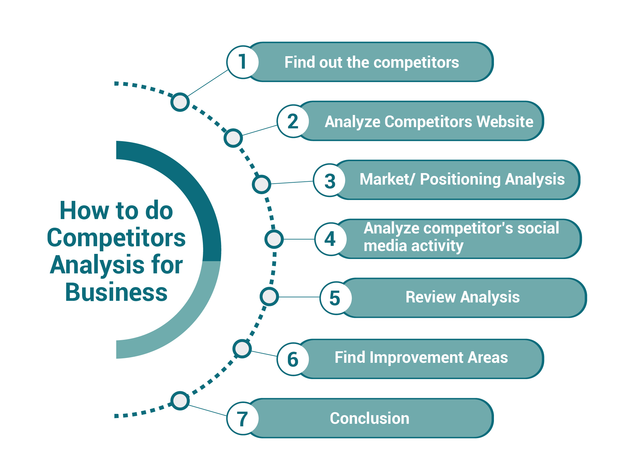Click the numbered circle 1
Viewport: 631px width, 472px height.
coord(242,62)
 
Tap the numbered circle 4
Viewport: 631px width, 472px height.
coord(330,239)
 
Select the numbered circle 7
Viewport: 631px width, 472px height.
coord(242,418)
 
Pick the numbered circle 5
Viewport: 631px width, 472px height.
coord(335,298)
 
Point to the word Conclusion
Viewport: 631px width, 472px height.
coord(369,418)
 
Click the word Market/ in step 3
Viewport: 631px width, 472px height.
coord(387,179)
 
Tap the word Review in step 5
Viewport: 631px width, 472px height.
coord(430,297)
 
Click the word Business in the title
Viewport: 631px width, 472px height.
coord(116,292)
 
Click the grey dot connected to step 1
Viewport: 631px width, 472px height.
coord(180,102)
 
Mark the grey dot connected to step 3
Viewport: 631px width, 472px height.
coord(261,184)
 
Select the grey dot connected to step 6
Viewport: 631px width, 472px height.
coord(242,348)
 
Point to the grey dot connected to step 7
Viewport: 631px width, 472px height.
coord(180,401)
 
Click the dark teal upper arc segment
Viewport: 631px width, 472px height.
coord(192,192)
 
